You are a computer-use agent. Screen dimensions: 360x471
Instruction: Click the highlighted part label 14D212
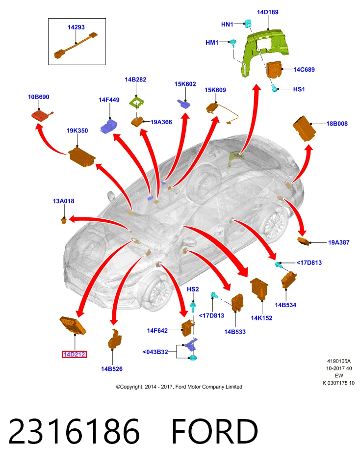pos(74,354)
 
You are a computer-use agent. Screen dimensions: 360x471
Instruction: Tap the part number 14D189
pos(267,12)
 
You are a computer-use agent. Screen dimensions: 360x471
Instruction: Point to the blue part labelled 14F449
pos(109,126)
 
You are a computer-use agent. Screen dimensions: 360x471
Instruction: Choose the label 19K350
pos(77,131)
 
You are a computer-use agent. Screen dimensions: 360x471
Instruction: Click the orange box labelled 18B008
pos(304,128)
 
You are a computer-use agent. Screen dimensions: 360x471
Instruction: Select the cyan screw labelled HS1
pos(274,88)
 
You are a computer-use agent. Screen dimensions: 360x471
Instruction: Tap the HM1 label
pos(212,43)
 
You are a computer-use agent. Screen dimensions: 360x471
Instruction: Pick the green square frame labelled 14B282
pos(137,103)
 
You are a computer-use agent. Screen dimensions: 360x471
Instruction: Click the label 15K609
pos(215,90)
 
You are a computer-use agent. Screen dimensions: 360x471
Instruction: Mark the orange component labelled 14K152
pos(259,288)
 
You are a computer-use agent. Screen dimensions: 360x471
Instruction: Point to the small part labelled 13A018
pos(64,221)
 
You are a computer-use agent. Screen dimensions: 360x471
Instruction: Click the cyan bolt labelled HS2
pos(193,307)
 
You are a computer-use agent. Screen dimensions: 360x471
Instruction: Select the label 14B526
pos(112,369)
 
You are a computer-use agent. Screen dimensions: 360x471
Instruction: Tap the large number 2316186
pos(74,432)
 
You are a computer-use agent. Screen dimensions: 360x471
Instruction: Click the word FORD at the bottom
pos(215,432)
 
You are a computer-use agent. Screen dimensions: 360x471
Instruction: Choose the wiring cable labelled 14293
pos(76,45)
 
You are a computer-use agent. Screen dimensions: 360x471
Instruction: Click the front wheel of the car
pos(155,291)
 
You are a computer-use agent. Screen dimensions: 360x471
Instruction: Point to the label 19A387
pos(339,242)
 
